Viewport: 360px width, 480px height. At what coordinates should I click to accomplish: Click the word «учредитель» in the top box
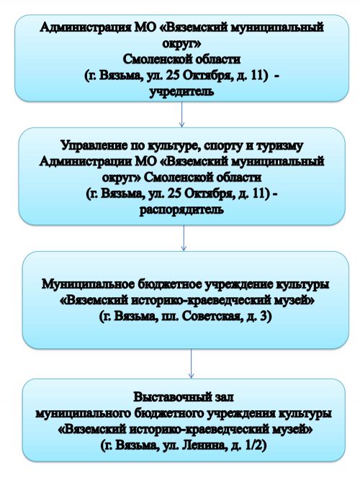coord(181,91)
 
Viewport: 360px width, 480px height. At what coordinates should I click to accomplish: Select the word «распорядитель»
coord(181,209)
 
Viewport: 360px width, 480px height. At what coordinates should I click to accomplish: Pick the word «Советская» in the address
coord(211,317)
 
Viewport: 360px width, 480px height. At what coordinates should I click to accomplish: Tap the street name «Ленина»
coord(203,445)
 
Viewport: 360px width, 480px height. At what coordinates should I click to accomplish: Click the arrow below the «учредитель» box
coord(181,114)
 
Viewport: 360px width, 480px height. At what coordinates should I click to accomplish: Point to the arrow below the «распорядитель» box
coord(184,238)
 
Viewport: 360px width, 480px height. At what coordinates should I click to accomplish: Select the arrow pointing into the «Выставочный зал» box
coord(192,363)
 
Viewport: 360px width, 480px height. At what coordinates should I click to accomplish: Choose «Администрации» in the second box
coord(86,161)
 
